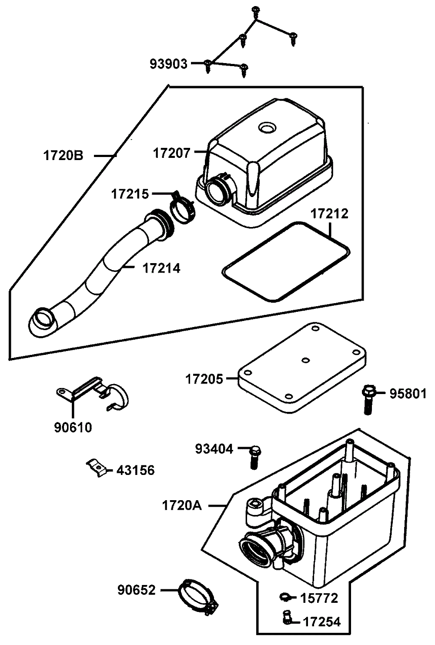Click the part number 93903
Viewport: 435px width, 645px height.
[168, 64]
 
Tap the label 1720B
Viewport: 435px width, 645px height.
[63, 156]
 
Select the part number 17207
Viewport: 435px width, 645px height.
[172, 153]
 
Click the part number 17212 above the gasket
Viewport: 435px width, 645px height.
[329, 214]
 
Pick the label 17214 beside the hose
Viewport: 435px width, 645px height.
[161, 268]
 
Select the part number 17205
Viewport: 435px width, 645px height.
[204, 379]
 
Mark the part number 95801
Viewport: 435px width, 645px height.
[408, 394]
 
